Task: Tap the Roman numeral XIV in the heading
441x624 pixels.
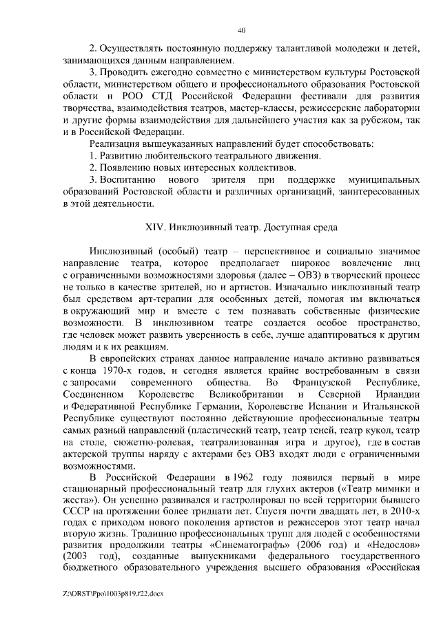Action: tap(154, 227)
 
